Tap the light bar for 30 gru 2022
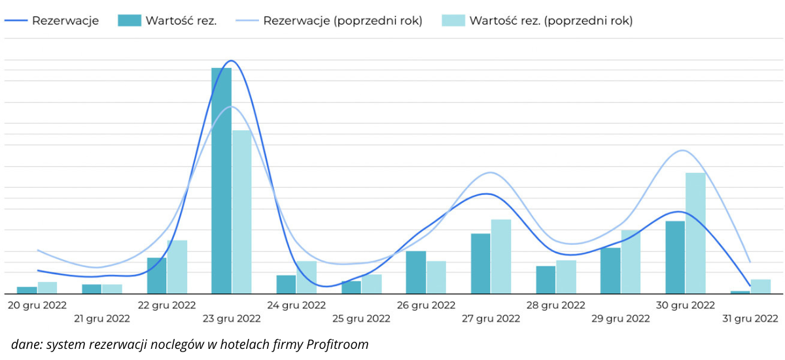click(x=695, y=232)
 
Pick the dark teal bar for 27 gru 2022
click(x=481, y=263)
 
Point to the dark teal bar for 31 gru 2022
click(x=740, y=292)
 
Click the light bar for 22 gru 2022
click(x=177, y=266)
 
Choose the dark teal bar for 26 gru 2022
click(x=416, y=272)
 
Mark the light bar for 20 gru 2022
click(x=47, y=287)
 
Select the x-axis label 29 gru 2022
click(x=620, y=319)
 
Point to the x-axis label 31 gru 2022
click(x=750, y=319)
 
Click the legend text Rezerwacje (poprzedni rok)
click(x=343, y=20)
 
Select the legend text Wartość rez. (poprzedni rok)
click(x=551, y=20)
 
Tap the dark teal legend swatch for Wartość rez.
click(x=130, y=20)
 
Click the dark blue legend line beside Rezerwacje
click(x=16, y=20)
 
